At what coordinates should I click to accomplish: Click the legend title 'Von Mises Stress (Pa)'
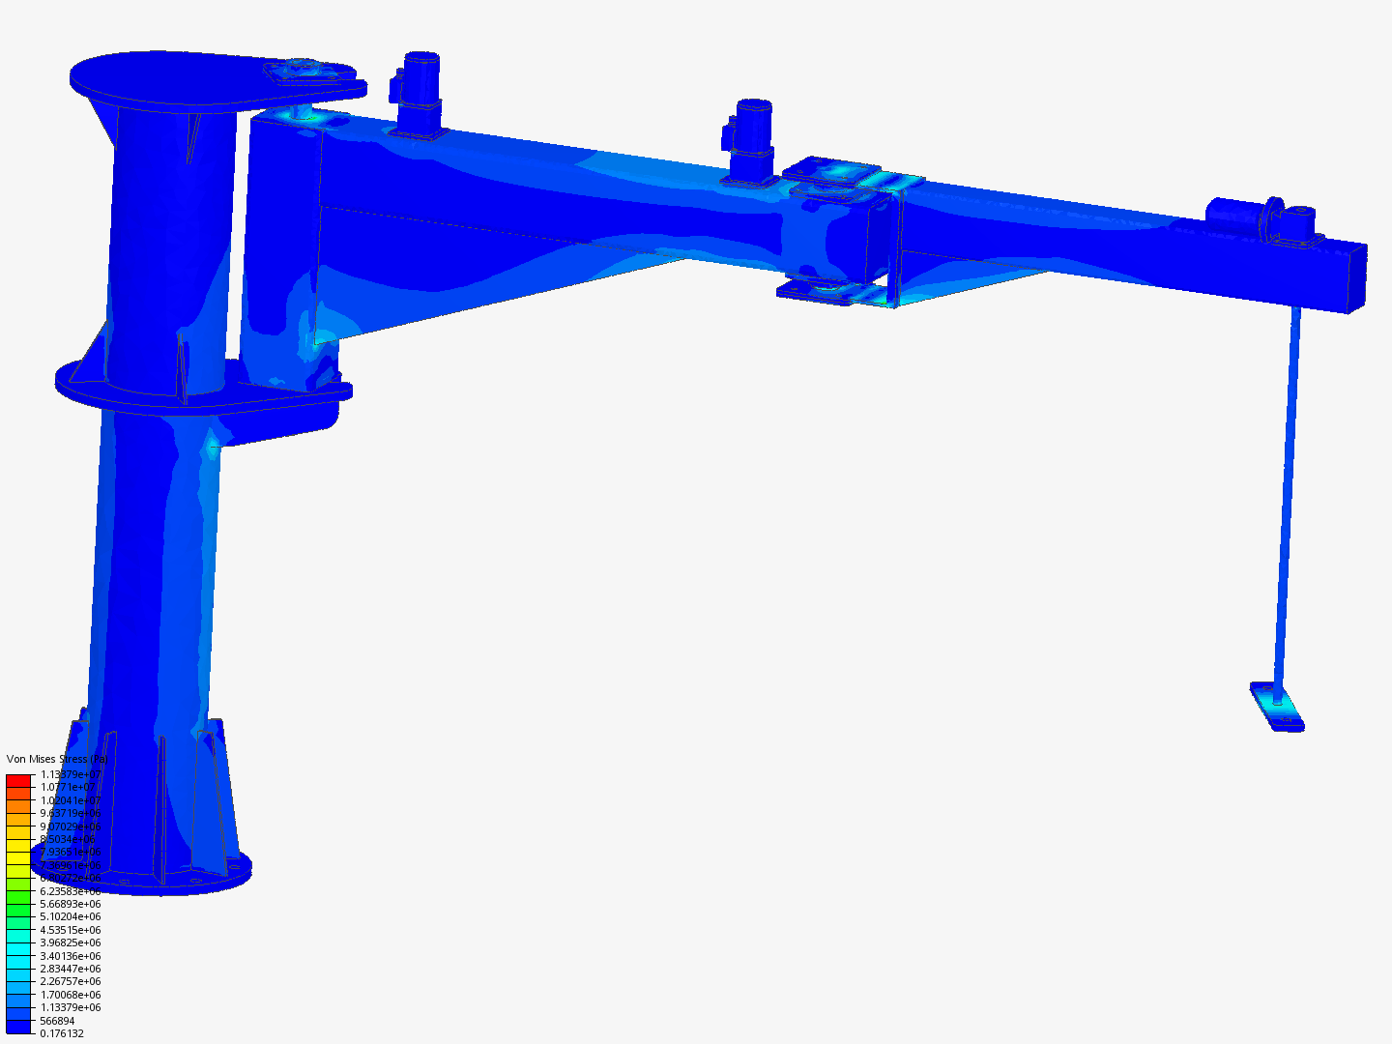[56, 759]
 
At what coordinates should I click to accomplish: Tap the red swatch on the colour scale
[18, 780]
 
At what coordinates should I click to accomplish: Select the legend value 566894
[57, 1021]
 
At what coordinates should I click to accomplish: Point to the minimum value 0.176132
[62, 1033]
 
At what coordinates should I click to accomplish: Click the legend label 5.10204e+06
[70, 916]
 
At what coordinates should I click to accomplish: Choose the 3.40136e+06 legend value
[70, 956]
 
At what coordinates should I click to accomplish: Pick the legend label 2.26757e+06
[70, 981]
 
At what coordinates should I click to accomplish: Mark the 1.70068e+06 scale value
[70, 995]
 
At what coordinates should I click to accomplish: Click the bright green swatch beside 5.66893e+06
[18, 904]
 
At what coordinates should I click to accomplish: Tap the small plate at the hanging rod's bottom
[1277, 707]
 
